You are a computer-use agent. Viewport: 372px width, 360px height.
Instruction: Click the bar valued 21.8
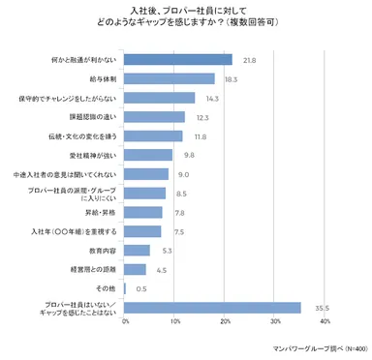click(178, 60)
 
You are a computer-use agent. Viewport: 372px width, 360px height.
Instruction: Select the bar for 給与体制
click(170, 78)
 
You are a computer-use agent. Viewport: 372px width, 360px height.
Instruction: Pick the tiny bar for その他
click(126, 288)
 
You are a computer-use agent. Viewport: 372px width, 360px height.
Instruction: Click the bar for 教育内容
click(138, 251)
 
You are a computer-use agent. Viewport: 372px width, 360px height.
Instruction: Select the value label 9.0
click(183, 175)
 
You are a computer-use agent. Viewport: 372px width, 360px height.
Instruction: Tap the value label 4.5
click(162, 270)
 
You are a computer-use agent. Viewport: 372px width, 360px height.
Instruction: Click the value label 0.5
click(141, 289)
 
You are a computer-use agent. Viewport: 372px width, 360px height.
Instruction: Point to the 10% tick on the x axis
click(175, 321)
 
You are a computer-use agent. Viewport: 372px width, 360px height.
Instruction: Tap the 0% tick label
click(125, 321)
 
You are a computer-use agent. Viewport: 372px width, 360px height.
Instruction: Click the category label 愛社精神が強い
click(88, 155)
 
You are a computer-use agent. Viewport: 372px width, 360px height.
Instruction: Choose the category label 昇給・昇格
click(100, 212)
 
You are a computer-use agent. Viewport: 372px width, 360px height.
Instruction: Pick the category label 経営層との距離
click(92, 269)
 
